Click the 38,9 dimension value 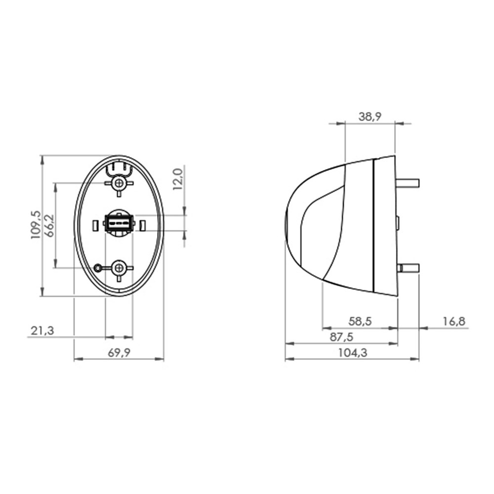pyautogui.click(x=370, y=117)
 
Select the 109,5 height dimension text pyautogui.click(x=36, y=225)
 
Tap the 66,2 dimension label pyautogui.click(x=49, y=226)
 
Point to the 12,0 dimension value pyautogui.click(x=178, y=179)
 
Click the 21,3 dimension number pyautogui.click(x=42, y=331)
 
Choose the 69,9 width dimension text pyautogui.click(x=119, y=353)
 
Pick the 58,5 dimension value pyautogui.click(x=360, y=322)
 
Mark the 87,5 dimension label pyautogui.click(x=341, y=337)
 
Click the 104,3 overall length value pyautogui.click(x=353, y=353)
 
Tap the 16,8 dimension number pyautogui.click(x=454, y=322)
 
